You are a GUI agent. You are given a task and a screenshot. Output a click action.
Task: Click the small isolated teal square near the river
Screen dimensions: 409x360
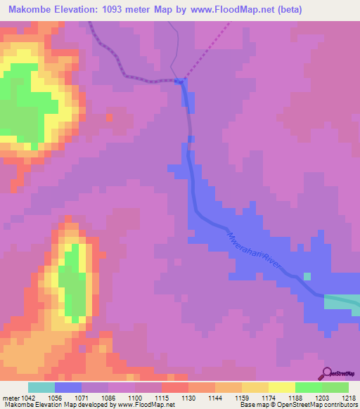point(307,276)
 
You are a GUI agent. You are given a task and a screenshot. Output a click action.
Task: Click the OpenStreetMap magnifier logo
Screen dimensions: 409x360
point(326,374)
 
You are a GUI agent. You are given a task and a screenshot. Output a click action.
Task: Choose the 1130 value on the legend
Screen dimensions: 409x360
point(188,398)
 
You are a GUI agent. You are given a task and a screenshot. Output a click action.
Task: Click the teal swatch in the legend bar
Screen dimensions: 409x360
point(41,387)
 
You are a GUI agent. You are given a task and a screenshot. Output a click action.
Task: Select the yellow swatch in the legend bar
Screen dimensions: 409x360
point(281,387)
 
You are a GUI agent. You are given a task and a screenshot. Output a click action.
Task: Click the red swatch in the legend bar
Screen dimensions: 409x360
point(174,387)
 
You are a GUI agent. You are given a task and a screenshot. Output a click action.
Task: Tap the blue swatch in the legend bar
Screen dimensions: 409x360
point(68,387)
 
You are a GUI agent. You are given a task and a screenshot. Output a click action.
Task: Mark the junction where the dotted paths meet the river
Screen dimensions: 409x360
point(180,81)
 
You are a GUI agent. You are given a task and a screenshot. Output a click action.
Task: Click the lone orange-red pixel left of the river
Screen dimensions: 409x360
point(109,115)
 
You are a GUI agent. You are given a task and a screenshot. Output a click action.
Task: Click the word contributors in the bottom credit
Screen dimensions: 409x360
point(340,405)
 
